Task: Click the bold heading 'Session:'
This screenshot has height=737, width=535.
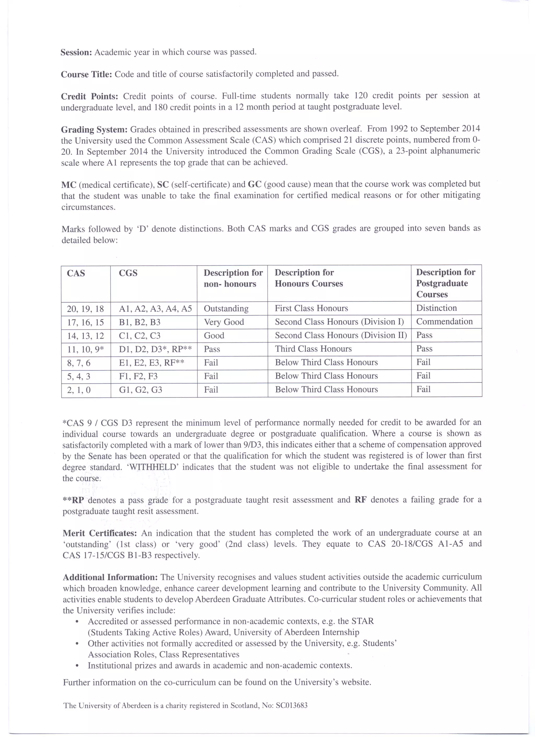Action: [x=76, y=52]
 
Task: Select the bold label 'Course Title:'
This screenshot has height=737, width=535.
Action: [x=86, y=74]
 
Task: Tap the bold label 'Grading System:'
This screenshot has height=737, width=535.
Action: [x=94, y=130]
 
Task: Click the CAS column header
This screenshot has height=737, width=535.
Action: [x=76, y=273]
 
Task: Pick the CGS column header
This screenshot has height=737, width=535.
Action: [x=128, y=273]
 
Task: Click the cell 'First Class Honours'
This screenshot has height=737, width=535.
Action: [x=311, y=308]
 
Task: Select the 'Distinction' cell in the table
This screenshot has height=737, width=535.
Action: [x=436, y=308]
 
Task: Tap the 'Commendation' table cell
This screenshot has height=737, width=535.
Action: [x=444, y=321]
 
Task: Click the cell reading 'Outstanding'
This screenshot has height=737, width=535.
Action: [x=226, y=308]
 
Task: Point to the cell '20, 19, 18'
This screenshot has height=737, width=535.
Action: [x=85, y=309]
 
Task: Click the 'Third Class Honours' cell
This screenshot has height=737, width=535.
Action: [x=313, y=349]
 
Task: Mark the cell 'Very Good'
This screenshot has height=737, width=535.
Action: [x=224, y=322]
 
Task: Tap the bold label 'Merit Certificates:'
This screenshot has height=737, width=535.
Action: [x=100, y=533]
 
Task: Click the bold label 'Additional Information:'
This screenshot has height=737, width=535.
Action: [x=110, y=577]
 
